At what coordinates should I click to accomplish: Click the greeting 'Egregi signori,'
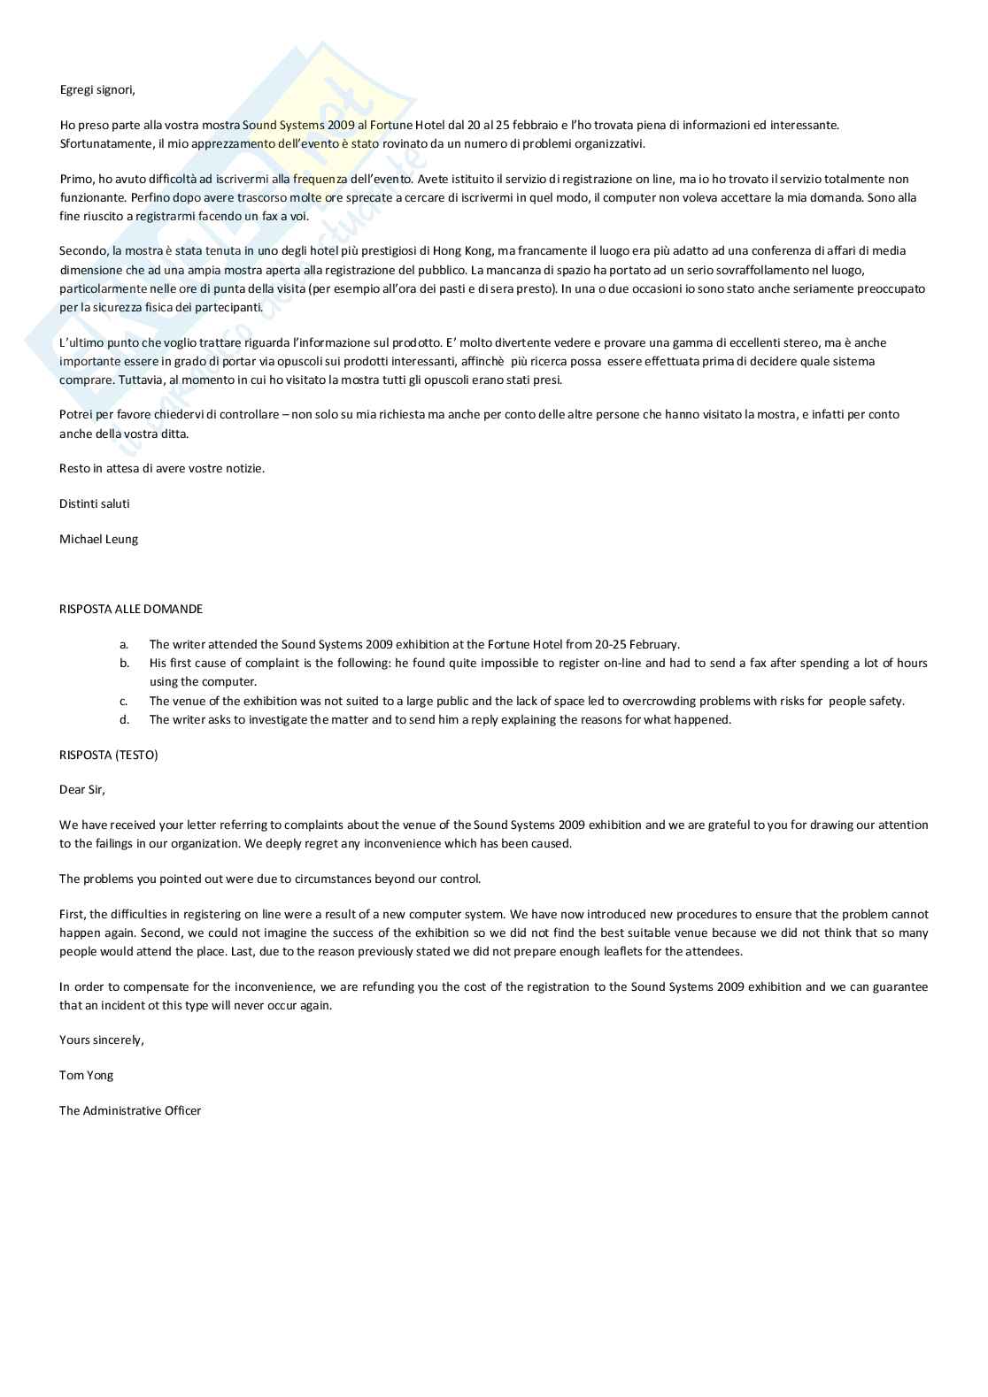(x=97, y=89)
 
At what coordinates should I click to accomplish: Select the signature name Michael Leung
(x=98, y=539)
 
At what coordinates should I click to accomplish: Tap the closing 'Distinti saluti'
(x=94, y=503)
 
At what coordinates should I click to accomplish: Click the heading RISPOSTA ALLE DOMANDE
(x=131, y=609)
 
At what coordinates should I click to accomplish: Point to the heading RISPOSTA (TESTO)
(x=108, y=755)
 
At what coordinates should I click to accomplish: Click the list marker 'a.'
(x=124, y=644)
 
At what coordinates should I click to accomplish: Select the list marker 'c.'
(x=124, y=701)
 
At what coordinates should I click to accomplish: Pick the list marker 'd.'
(x=124, y=719)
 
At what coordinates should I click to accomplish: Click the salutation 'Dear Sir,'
(x=82, y=789)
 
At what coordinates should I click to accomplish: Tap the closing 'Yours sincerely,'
(x=102, y=1040)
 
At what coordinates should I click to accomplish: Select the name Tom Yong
(x=86, y=1075)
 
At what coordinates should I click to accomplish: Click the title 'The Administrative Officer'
(x=130, y=1110)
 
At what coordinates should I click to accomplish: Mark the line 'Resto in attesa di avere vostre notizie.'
(x=162, y=468)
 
